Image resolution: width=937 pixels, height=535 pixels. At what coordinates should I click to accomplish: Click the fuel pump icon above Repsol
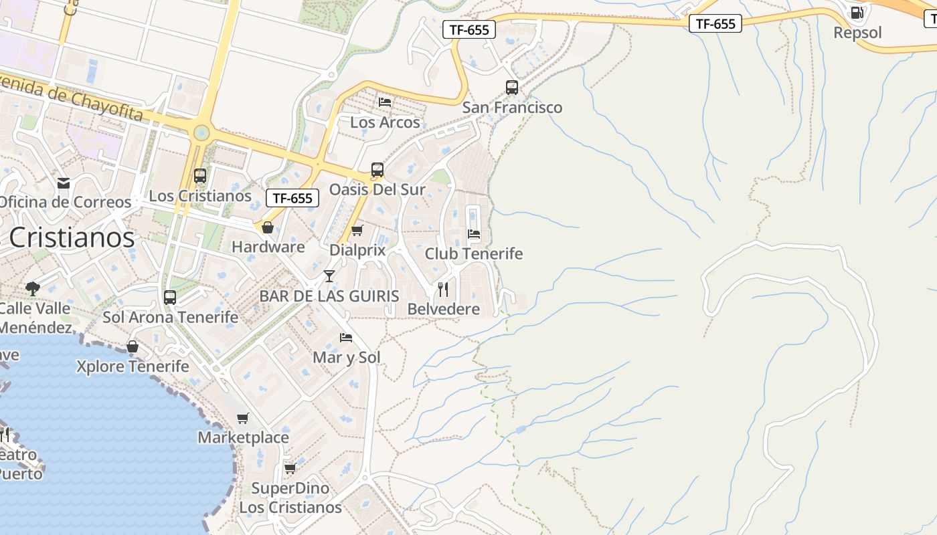click(x=857, y=13)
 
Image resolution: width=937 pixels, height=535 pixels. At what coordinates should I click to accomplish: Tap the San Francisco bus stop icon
click(x=512, y=88)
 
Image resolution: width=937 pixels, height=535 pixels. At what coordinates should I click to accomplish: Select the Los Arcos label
click(x=385, y=122)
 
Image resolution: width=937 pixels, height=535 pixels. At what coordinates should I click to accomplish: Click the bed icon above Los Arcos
click(x=385, y=102)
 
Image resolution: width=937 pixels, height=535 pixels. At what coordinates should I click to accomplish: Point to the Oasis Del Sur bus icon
click(x=377, y=170)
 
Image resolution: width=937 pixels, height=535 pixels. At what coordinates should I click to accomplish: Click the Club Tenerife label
click(x=473, y=254)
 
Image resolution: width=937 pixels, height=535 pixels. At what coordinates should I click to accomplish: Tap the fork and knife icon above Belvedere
click(x=443, y=290)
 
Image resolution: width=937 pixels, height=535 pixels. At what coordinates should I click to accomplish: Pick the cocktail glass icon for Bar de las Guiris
click(x=329, y=276)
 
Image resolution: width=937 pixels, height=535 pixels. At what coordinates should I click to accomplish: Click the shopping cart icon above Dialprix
click(x=357, y=231)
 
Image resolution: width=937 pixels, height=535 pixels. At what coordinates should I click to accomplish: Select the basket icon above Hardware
click(x=268, y=228)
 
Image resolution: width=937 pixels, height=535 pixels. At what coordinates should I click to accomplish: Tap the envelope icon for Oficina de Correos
click(x=64, y=183)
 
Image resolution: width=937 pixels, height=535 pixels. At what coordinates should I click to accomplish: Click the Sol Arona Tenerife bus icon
click(x=170, y=298)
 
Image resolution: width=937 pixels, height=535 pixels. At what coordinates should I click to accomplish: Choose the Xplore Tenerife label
click(x=133, y=366)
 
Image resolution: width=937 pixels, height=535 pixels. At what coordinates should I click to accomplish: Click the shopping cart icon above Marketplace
click(x=243, y=419)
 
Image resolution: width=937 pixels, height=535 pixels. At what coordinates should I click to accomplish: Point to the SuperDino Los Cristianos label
click(x=290, y=498)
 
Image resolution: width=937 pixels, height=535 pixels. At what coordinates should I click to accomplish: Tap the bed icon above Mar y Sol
click(x=346, y=338)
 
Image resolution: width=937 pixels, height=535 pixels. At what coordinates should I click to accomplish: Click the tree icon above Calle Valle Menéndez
click(x=32, y=289)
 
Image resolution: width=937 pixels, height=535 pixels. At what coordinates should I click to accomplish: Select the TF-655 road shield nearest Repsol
click(x=715, y=24)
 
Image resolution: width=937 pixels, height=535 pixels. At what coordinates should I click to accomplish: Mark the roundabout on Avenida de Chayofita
click(x=201, y=133)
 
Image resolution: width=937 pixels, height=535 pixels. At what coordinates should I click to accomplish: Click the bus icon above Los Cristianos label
click(x=200, y=176)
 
